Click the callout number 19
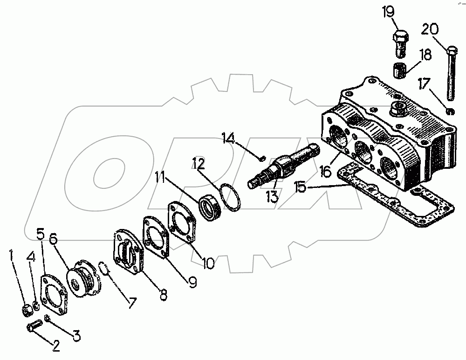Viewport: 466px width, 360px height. [x=388, y=12]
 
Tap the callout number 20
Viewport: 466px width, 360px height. [x=430, y=29]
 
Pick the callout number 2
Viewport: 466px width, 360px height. [x=56, y=346]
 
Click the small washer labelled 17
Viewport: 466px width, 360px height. [x=450, y=111]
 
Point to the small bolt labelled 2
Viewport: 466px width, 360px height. [x=33, y=326]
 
